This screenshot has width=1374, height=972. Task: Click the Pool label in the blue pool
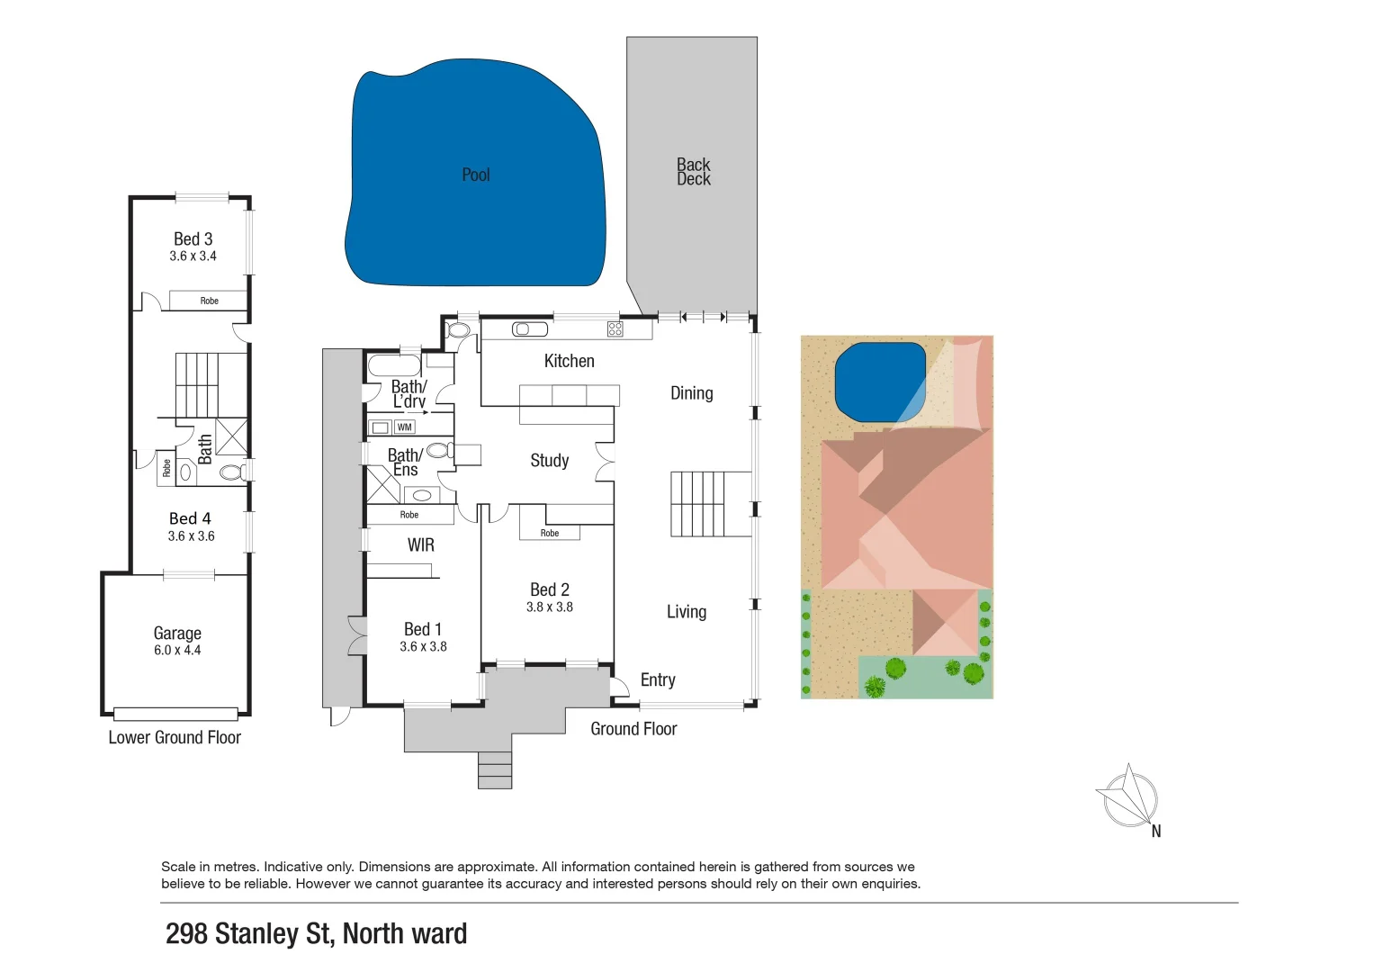tap(475, 175)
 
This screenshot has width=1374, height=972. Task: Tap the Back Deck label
tap(693, 172)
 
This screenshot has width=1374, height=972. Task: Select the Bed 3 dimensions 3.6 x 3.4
tap(193, 256)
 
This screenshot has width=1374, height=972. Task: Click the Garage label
tap(177, 633)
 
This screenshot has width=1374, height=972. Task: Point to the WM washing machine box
tap(405, 427)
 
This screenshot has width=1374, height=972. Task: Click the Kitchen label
tap(569, 361)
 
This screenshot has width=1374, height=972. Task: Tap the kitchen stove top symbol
tap(615, 329)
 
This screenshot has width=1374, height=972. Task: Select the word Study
tap(549, 461)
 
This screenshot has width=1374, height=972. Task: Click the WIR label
tap(420, 544)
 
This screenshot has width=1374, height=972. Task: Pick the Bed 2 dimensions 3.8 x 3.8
tap(549, 607)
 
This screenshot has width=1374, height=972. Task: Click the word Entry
tap(658, 680)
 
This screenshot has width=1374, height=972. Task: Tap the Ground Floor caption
tap(633, 729)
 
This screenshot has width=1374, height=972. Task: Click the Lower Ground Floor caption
tap(175, 738)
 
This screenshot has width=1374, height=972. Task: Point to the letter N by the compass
tap(1156, 832)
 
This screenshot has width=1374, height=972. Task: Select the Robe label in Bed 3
tap(209, 301)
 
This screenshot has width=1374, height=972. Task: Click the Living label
tap(686, 612)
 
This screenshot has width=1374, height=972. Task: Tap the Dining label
tap(691, 393)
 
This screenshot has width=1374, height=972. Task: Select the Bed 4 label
tap(190, 518)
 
